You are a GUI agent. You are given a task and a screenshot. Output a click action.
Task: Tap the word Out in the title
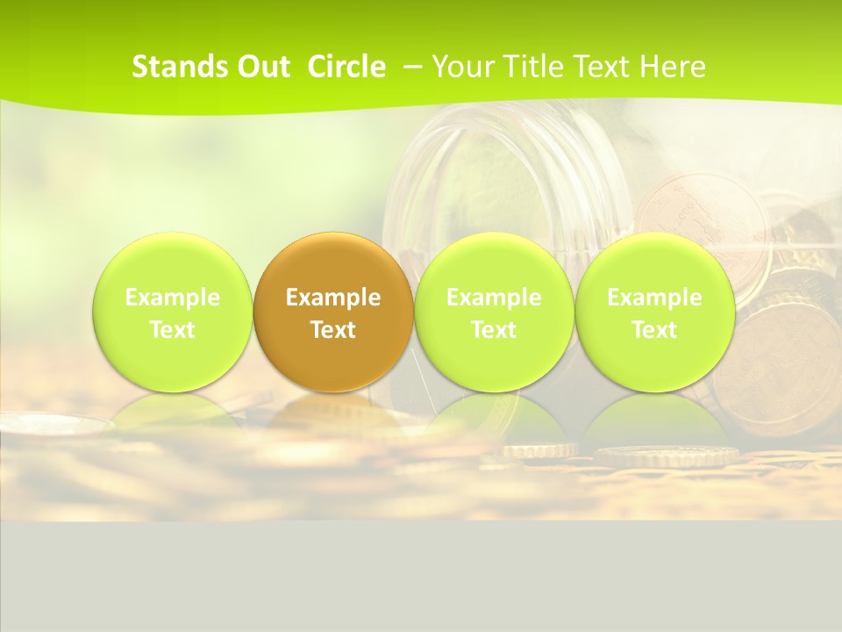(262, 67)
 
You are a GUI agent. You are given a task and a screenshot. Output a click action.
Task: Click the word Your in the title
(460, 67)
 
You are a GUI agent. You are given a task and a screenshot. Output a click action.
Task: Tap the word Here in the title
(670, 67)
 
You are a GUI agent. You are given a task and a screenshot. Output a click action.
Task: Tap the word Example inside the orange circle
(333, 298)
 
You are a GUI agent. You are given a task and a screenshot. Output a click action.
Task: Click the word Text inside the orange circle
(333, 331)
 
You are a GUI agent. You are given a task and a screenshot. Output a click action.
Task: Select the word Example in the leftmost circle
(173, 298)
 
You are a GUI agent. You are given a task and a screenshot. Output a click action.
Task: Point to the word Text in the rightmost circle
(655, 331)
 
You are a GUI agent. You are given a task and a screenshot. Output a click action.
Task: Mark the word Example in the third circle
(494, 298)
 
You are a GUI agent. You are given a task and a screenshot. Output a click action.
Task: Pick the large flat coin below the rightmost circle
(667, 456)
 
